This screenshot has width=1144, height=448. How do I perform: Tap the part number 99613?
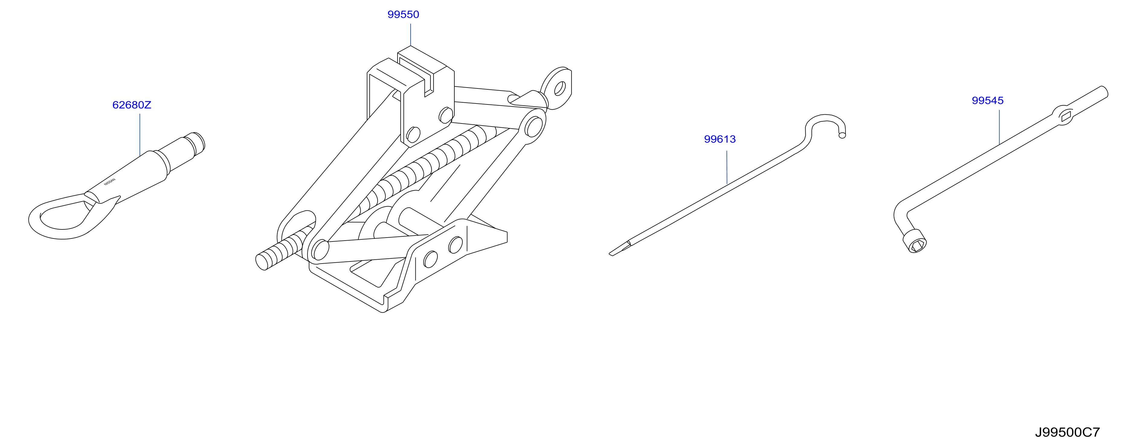click(720, 139)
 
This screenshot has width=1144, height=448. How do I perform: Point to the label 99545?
click(988, 101)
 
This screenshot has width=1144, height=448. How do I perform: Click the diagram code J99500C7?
click(1067, 433)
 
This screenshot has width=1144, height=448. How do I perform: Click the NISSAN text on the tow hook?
click(110, 182)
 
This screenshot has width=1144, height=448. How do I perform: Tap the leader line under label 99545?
click(999, 127)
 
